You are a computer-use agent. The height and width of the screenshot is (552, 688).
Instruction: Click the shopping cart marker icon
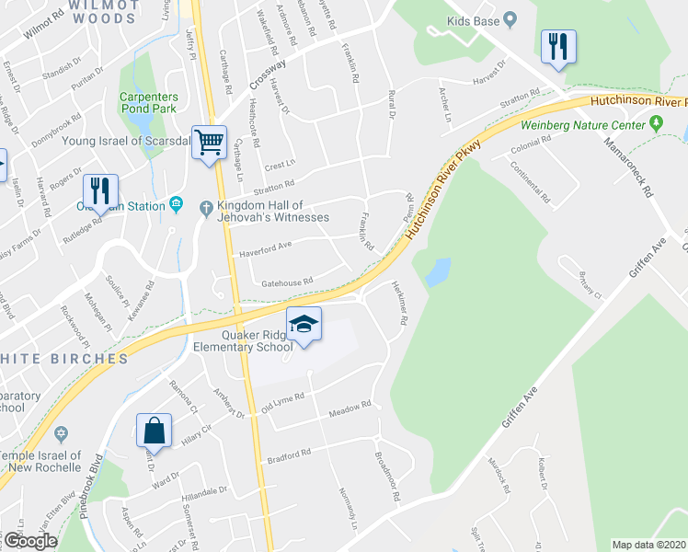(209, 143)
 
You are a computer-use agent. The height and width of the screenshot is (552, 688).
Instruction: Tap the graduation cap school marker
(304, 324)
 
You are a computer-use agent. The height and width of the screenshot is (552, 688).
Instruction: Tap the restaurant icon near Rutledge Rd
(101, 190)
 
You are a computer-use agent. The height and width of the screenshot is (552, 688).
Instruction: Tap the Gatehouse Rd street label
(288, 282)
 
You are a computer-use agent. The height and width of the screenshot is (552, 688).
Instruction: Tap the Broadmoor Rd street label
(388, 476)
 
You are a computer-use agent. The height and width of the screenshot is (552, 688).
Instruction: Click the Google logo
(30, 541)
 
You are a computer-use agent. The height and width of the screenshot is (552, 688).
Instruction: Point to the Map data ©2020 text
(648, 545)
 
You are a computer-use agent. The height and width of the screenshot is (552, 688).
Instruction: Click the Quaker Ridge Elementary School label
(243, 341)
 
